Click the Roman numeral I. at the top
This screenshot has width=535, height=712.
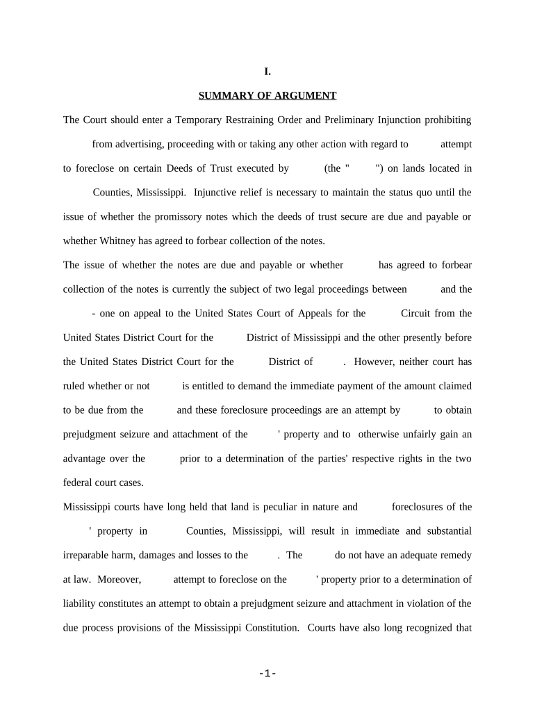pos(267,71)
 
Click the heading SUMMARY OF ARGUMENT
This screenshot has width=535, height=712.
pos(267,95)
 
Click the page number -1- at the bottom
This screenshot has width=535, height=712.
pos(267,673)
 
